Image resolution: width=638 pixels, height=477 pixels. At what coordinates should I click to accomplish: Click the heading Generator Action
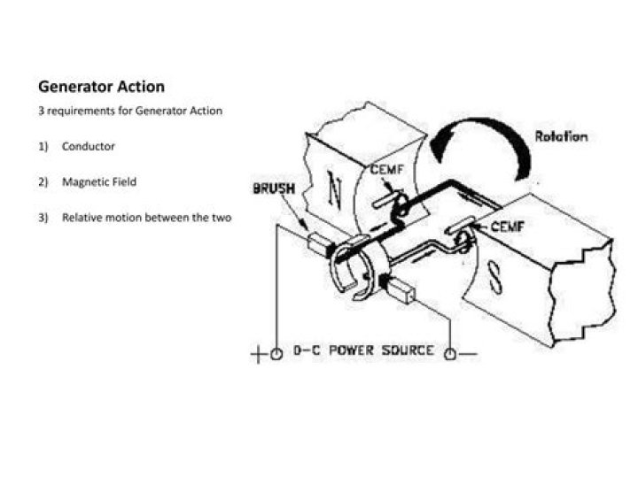(101, 87)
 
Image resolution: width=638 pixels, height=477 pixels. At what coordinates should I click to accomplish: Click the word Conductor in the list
(89, 146)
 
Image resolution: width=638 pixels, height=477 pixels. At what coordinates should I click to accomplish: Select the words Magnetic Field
(99, 181)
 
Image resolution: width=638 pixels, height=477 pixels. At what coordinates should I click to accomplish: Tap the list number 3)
(43, 218)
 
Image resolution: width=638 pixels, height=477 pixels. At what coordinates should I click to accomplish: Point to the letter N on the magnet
(334, 189)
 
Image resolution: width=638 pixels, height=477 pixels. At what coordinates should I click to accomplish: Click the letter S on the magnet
(494, 277)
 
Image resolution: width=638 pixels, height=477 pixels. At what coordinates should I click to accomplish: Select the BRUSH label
(274, 188)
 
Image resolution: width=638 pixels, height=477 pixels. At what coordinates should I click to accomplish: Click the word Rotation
(561, 136)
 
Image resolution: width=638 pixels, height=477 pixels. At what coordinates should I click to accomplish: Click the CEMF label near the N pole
(387, 169)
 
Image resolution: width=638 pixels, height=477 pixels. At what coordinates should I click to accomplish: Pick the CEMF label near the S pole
(508, 227)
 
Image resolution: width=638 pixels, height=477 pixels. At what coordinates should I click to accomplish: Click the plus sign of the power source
(258, 355)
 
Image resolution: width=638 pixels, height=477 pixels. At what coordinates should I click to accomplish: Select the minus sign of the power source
(468, 354)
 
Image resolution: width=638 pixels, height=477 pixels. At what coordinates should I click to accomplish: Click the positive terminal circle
(276, 354)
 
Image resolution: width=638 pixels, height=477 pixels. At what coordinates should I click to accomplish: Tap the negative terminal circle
(450, 354)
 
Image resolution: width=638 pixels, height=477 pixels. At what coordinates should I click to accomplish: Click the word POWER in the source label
(351, 350)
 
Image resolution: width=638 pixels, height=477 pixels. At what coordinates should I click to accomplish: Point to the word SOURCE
(408, 350)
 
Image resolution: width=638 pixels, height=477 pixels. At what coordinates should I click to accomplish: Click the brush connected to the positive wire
(319, 245)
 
